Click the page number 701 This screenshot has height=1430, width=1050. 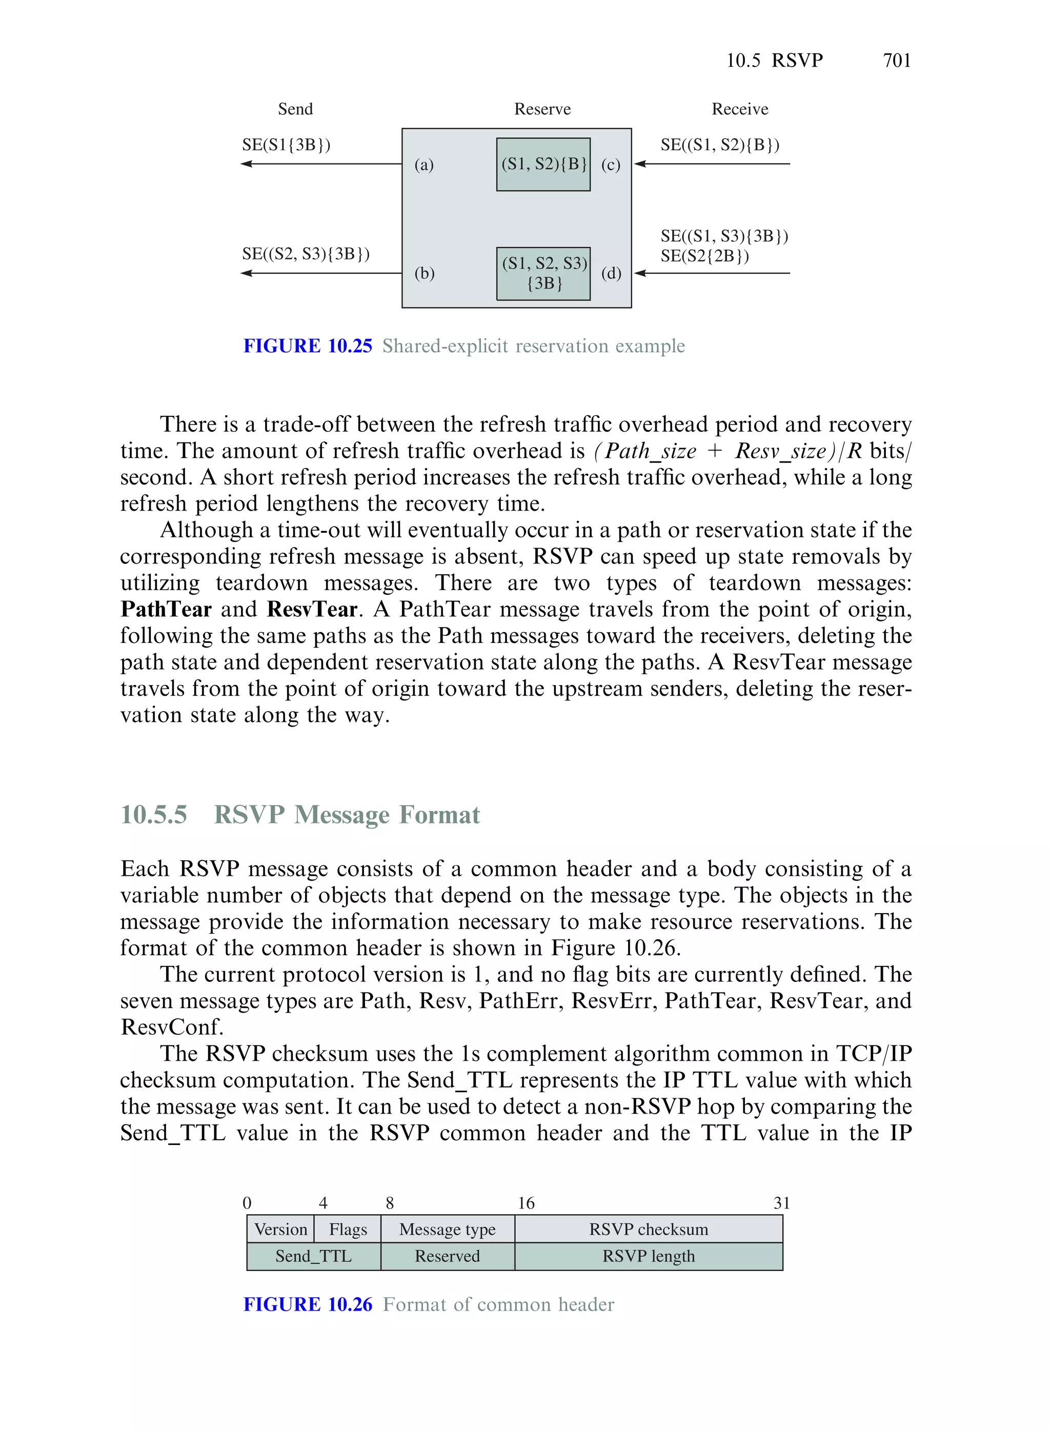896,61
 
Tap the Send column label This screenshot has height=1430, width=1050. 295,109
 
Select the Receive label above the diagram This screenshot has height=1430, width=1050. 739,109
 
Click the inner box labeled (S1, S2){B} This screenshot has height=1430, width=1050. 543,164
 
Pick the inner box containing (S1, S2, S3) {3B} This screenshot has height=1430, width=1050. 543,273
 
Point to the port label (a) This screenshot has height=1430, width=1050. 424,165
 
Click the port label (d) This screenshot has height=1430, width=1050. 611,273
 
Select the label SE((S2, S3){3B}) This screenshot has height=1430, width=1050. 306,254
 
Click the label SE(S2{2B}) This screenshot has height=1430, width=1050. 704,256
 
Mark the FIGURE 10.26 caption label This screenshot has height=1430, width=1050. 308,1304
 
